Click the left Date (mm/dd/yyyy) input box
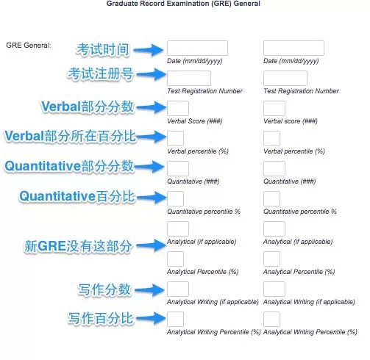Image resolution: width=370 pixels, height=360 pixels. (x=197, y=48)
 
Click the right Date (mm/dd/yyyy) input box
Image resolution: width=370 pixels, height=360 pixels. (x=293, y=48)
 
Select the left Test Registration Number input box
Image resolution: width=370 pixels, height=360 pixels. (x=189, y=79)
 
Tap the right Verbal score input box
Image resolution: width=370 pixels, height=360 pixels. (x=274, y=108)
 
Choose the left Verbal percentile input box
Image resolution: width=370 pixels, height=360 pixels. (x=175, y=138)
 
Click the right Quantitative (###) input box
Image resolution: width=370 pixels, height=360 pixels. (x=274, y=168)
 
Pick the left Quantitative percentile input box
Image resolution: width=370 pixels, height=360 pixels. (x=175, y=198)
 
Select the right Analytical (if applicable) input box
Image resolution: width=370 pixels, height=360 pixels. (x=274, y=228)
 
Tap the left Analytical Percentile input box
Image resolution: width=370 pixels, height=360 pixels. (x=175, y=259)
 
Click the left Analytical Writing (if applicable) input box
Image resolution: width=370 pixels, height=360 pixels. (x=178, y=289)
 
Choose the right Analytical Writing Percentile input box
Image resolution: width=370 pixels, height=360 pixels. (x=271, y=319)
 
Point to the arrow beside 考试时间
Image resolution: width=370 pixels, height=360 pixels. (x=149, y=50)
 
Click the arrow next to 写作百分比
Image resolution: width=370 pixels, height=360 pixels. (x=151, y=318)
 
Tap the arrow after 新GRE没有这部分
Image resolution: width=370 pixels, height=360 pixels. (x=152, y=245)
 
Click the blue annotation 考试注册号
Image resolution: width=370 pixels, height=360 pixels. (x=101, y=73)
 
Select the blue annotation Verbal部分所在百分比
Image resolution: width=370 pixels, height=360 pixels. (x=71, y=136)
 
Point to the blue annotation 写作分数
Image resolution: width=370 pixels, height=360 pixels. (x=104, y=289)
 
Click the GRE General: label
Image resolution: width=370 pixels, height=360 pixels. (x=29, y=46)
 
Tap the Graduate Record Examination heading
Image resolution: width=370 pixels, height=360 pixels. (x=183, y=4)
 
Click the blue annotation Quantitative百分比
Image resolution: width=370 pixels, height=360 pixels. (x=77, y=196)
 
